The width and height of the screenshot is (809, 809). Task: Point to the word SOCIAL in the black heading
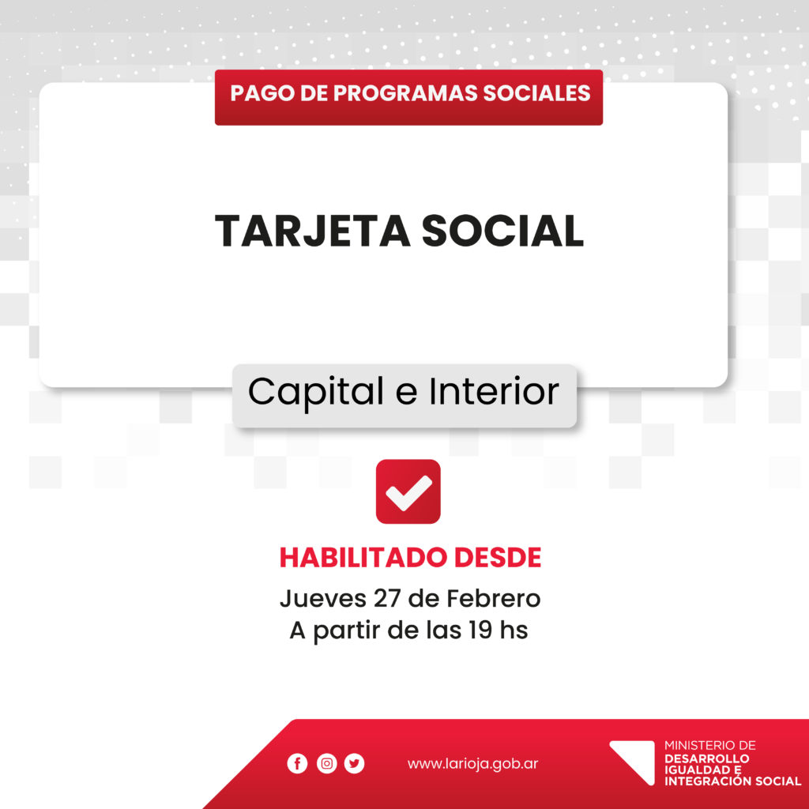click(502, 231)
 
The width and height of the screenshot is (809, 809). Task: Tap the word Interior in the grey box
click(494, 392)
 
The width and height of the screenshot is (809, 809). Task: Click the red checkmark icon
click(408, 491)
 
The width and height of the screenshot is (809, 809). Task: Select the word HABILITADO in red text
click(363, 558)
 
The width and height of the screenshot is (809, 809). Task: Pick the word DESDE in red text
click(498, 558)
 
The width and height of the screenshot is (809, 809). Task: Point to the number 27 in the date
click(387, 599)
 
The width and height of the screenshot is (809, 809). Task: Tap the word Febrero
click(494, 599)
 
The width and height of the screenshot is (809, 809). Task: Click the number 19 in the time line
click(480, 630)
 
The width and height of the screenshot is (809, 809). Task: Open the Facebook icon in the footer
click(297, 763)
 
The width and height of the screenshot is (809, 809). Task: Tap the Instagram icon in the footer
click(326, 763)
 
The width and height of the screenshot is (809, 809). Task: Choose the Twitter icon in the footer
click(355, 763)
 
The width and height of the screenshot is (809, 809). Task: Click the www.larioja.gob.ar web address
click(472, 764)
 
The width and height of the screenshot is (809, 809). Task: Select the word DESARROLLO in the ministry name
click(707, 758)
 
